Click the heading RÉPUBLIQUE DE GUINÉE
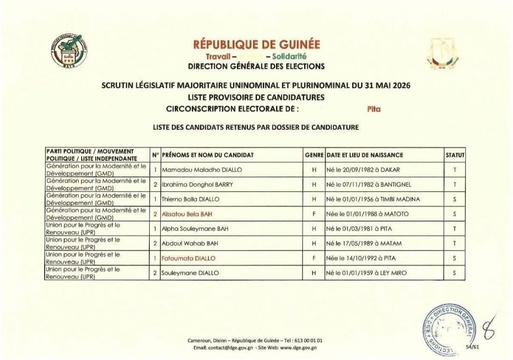point(256,45)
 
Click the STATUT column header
point(455,155)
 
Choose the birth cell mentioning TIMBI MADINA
point(373,199)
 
